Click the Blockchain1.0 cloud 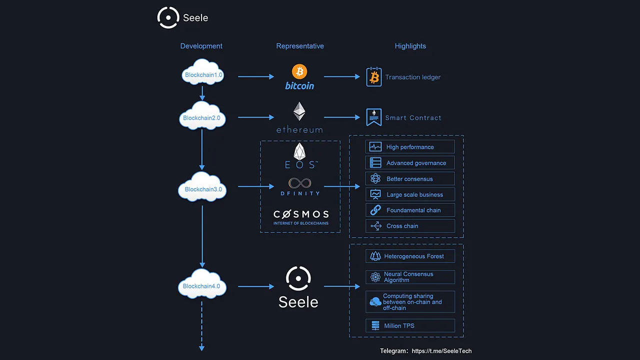pos(202,72)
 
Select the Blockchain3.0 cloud pos(202,187)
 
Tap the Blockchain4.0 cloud pos(202,284)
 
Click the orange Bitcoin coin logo pos(299,71)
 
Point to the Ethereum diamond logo pos(299,111)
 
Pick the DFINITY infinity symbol pos(299,183)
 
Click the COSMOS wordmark pos(301,214)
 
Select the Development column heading pos(201,46)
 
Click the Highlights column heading pos(410,46)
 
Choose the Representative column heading pos(300,46)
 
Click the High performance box pos(410,147)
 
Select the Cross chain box pos(410,226)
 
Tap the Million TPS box pos(410,325)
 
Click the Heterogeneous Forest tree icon pos(375,256)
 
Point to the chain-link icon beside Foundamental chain pos(375,210)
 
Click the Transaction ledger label pos(413,77)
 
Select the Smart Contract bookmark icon pos(374,117)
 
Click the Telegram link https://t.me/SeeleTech pos(441,351)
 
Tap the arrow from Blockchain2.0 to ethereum pos(256,117)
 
